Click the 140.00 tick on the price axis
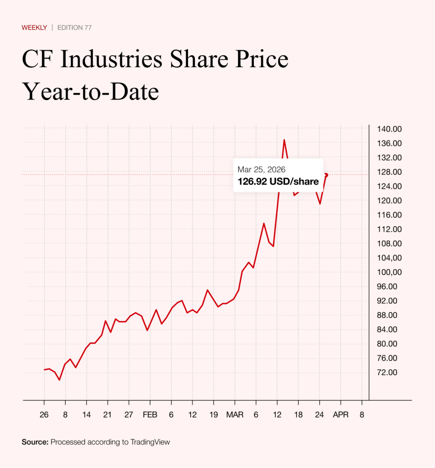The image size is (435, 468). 389,129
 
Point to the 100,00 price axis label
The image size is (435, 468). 389,272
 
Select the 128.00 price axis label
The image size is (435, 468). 389,172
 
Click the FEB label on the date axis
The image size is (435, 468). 150,415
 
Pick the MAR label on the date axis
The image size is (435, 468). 235,415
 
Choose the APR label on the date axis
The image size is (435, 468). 340,415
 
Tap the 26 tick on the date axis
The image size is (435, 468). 44,415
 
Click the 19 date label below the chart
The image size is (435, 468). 213,415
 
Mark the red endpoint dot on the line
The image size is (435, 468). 326,175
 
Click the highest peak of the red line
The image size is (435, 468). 284,140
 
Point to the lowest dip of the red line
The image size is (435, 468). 59,380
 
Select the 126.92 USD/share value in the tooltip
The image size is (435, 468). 278,181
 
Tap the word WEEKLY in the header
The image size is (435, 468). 34,27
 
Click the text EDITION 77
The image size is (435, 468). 75,27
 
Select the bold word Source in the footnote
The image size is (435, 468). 35,442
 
